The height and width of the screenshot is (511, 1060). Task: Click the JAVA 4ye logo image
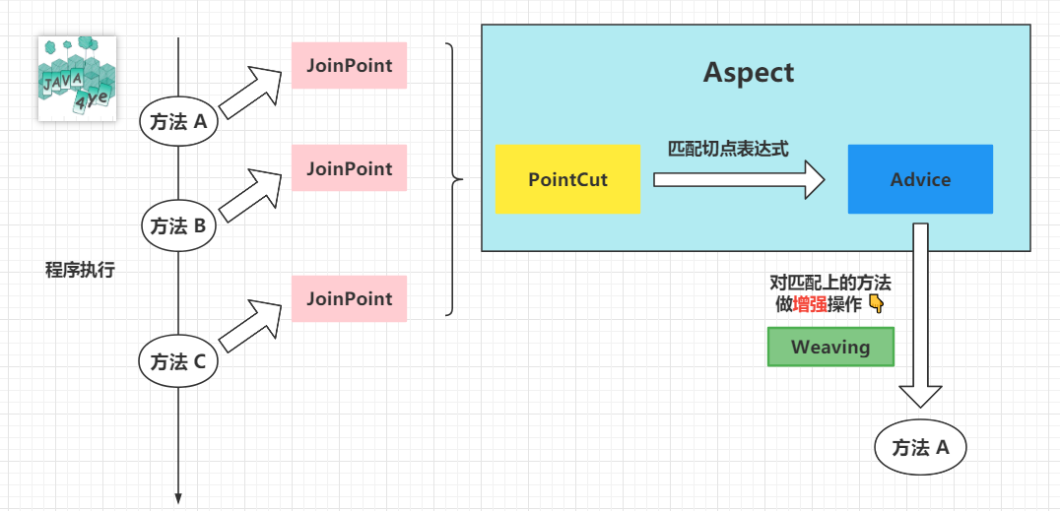pos(77,79)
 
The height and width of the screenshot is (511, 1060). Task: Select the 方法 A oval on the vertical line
pos(178,122)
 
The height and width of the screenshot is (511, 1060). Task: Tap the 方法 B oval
pos(178,226)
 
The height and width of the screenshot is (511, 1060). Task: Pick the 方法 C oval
pos(178,363)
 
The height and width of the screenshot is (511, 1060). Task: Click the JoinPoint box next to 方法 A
pos(349,66)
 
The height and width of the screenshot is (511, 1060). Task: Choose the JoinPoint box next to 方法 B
pos(349,167)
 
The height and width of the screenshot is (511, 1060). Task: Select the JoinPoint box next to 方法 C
pos(349,298)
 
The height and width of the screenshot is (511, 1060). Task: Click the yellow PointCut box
pos(567,179)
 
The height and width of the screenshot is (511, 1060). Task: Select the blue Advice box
pos(920,179)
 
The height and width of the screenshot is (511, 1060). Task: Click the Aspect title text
pos(749,72)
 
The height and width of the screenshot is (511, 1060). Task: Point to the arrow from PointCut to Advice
pos(740,179)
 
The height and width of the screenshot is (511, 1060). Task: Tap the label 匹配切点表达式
pos(729,149)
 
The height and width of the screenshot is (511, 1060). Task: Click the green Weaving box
pos(830,347)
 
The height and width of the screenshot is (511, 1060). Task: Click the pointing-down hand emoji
pos(876,305)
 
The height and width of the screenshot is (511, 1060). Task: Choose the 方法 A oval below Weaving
pos(920,447)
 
